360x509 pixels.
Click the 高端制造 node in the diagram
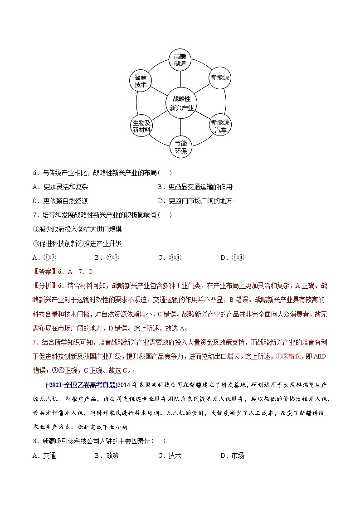pyautogui.click(x=180, y=60)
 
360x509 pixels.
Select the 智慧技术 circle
pyautogui.click(x=140, y=81)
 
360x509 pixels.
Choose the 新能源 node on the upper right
pyautogui.click(x=220, y=78)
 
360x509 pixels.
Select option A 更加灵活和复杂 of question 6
pyautogui.click(x=61, y=187)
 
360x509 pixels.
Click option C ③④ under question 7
pyautogui.click(x=170, y=257)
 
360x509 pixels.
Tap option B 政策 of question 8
pyautogui.click(x=107, y=456)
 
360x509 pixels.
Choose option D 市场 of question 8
pyautogui.click(x=232, y=456)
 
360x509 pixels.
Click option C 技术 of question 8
pyautogui.click(x=169, y=456)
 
